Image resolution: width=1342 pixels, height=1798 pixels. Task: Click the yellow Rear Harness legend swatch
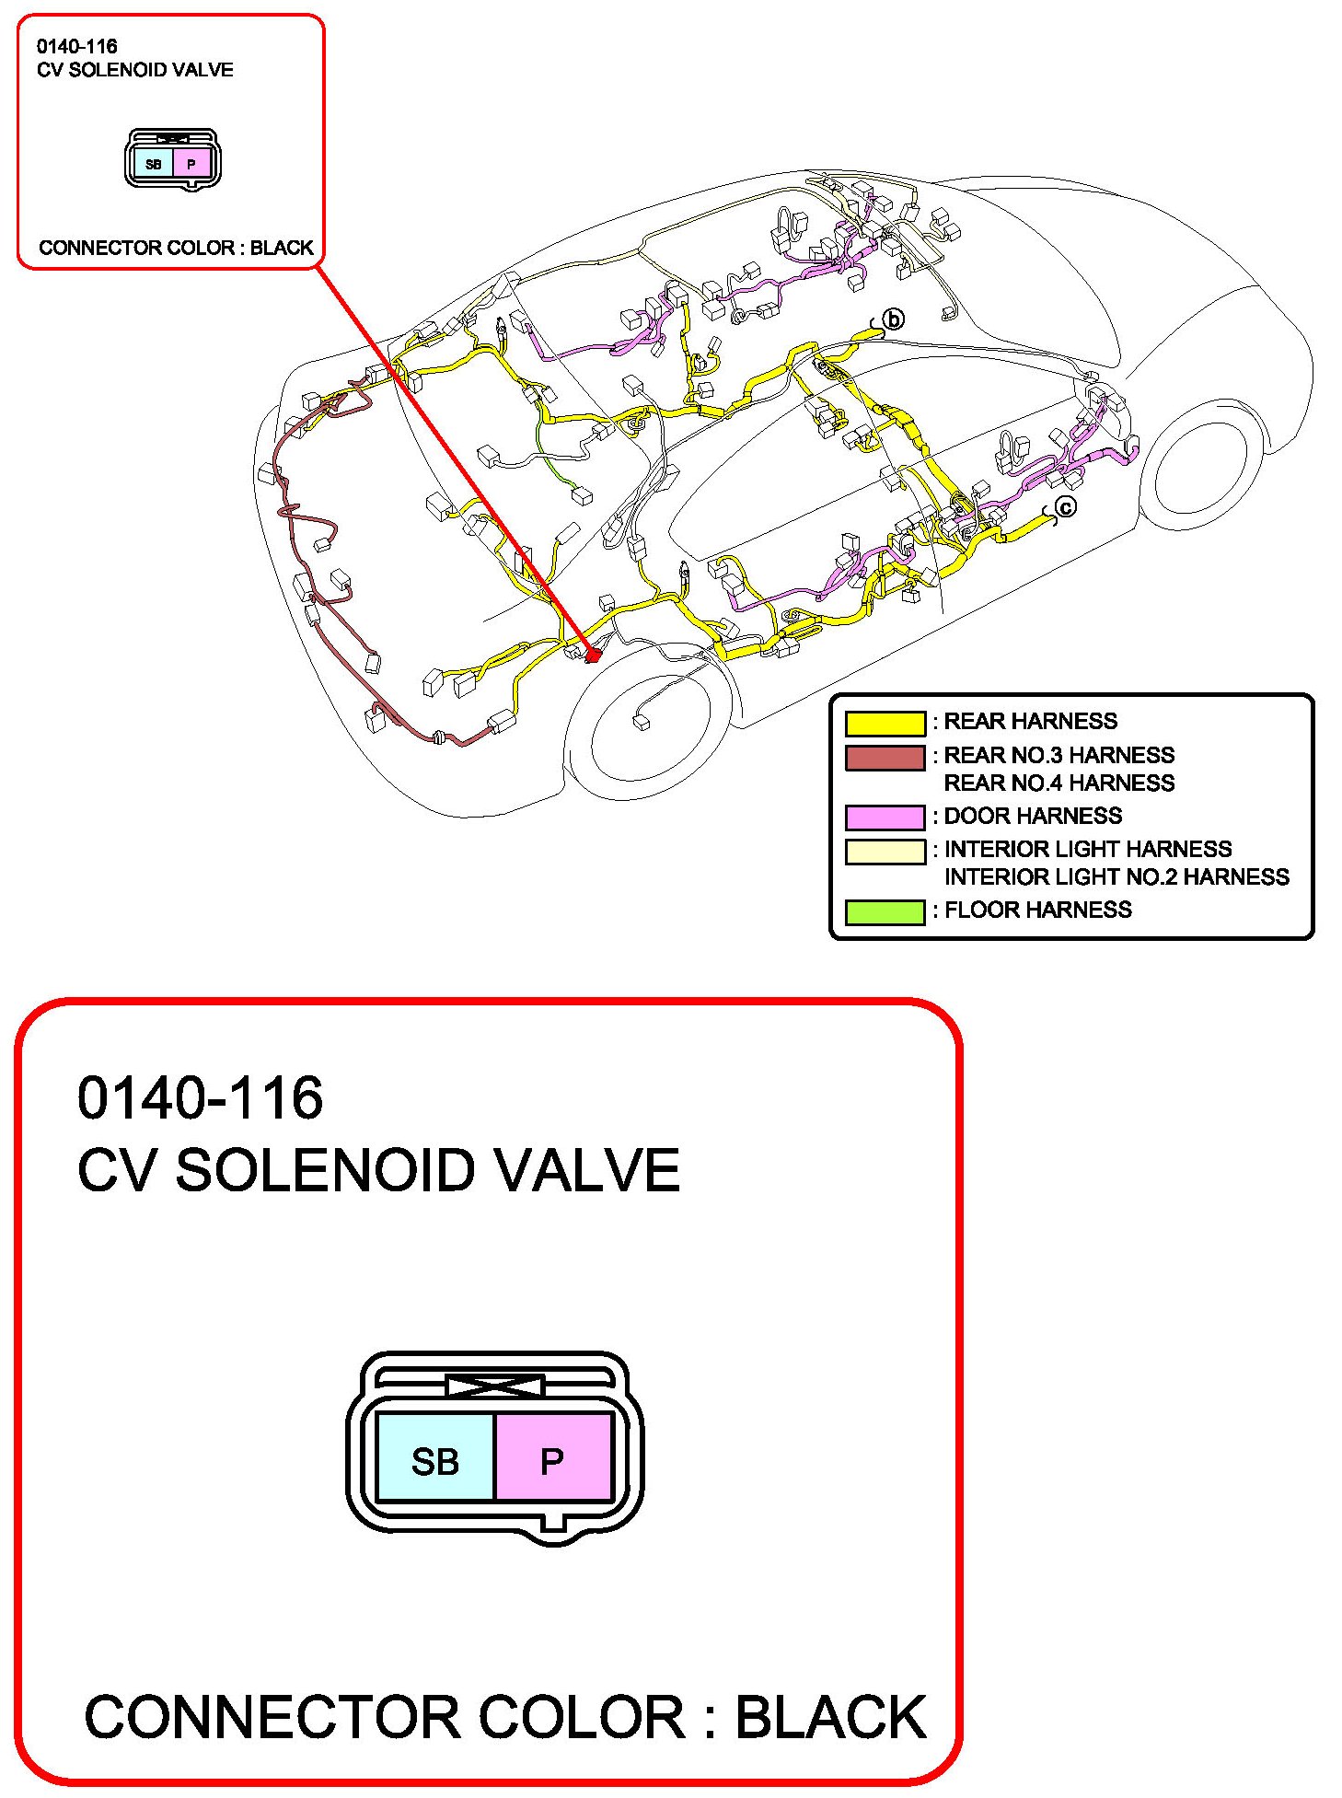coord(885,724)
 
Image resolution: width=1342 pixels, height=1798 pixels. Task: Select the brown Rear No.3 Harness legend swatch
coord(885,758)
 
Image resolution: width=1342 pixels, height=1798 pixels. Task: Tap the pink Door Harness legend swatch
coord(885,818)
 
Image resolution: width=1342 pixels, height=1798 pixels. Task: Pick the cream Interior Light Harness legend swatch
coord(885,852)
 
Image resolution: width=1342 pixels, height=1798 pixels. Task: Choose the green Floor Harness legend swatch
coord(885,911)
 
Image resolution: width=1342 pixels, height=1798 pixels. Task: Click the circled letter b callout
coord(893,319)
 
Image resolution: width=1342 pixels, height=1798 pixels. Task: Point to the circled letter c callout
coord(1065,507)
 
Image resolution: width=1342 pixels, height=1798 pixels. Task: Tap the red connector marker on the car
coord(593,655)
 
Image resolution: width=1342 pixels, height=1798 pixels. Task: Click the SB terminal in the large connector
coord(435,1461)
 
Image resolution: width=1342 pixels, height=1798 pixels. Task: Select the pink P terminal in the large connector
coord(552,1461)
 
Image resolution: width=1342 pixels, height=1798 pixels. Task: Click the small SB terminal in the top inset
coord(154,165)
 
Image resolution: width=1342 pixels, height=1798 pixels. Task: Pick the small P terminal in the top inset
coord(191,165)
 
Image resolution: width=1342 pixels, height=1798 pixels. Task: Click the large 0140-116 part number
coord(201,1098)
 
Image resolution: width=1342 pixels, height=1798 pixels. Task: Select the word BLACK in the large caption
coord(830,1717)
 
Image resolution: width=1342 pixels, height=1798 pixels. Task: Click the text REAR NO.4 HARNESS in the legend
coord(1059,783)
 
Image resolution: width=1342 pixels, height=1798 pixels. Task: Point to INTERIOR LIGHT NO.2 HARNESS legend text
coord(1116,877)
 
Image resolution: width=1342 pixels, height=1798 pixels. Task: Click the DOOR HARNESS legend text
coord(1033,817)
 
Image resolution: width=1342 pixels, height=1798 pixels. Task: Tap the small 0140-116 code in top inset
coord(77,46)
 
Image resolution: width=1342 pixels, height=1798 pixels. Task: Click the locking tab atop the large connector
coord(494,1386)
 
